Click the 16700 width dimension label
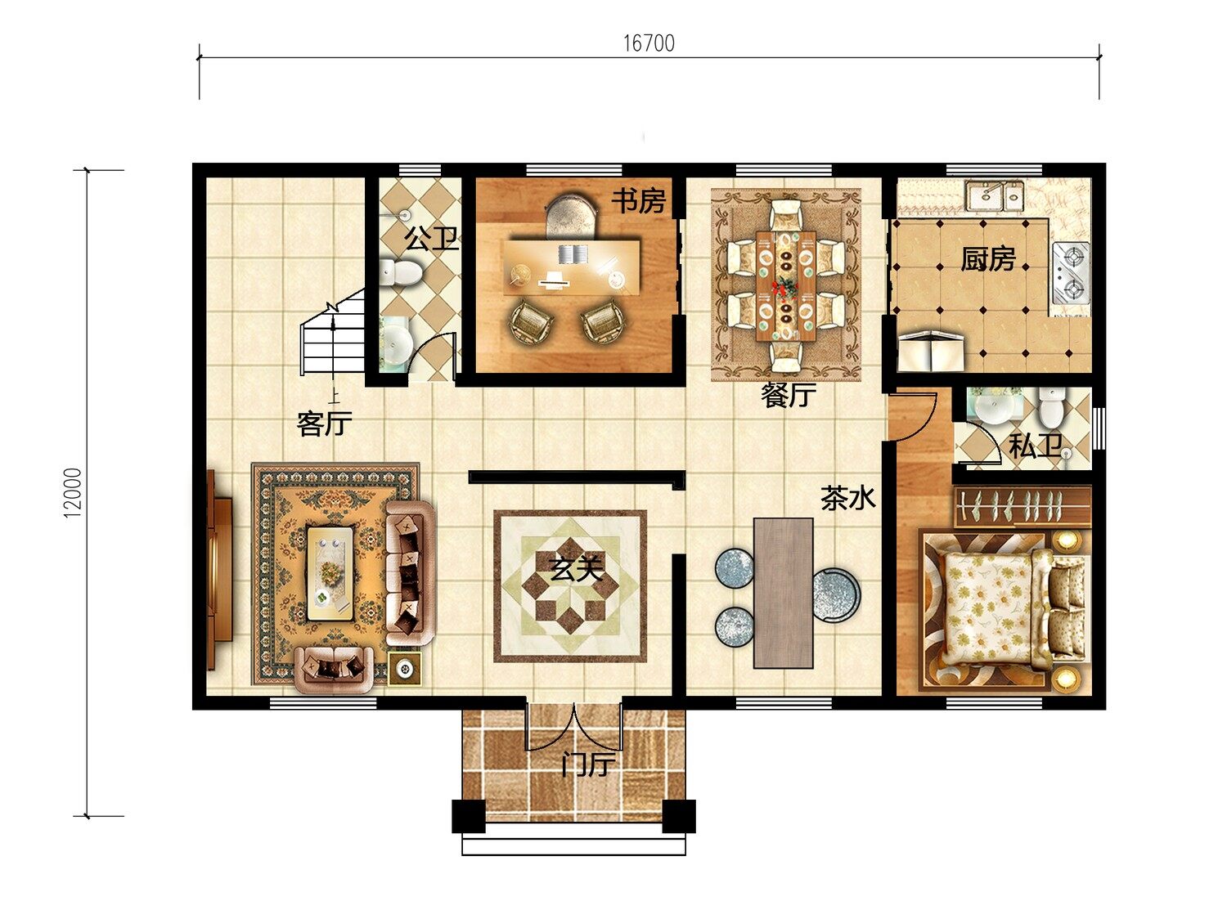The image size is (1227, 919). tap(649, 43)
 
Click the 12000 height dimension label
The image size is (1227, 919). tap(73, 493)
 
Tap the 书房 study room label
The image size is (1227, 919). tap(638, 201)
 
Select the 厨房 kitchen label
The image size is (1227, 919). tap(988, 258)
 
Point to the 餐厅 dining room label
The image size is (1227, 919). tap(789, 395)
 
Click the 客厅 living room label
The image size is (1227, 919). tap(324, 424)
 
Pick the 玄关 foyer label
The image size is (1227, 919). tap(576, 569)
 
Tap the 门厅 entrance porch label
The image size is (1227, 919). tap(588, 764)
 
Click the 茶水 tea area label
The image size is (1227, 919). tap(847, 498)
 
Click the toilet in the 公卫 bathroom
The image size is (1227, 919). tap(400, 272)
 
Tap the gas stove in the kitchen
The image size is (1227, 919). tap(1071, 273)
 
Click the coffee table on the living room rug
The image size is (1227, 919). tap(330, 574)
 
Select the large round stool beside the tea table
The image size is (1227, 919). tap(836, 595)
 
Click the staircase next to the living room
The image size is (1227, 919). tap(333, 332)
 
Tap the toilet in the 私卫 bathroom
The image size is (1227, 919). tap(1051, 407)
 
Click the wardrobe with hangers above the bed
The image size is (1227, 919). tap(1022, 507)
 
